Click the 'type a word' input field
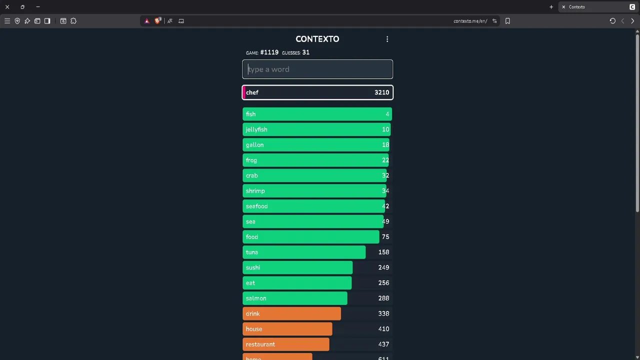317,69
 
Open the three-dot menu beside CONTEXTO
387,39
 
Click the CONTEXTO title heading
317,39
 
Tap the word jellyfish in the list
256,129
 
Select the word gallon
254,145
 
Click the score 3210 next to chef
381,92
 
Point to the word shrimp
255,191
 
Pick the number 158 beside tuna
383,252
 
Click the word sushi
252,267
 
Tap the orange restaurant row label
260,344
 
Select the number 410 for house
383,329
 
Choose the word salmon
255,298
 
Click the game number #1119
269,52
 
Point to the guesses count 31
305,52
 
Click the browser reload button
612,21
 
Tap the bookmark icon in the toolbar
507,21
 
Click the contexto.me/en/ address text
470,21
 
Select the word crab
251,175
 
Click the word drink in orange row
252,314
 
